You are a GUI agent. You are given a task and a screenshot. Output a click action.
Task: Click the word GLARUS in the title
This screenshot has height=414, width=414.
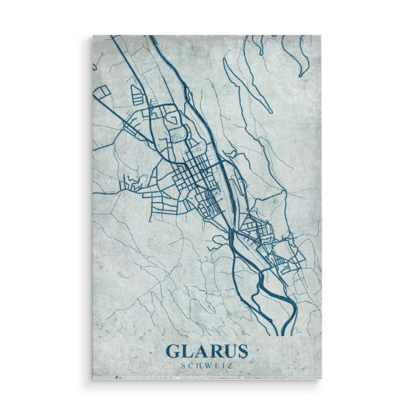[x=206, y=351]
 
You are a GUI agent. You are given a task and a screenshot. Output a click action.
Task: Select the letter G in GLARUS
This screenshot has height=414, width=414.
[x=174, y=351]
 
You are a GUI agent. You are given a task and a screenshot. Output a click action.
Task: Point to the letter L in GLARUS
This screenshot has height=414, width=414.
[x=188, y=351]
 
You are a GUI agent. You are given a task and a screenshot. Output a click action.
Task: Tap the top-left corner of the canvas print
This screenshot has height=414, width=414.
[x=93, y=36]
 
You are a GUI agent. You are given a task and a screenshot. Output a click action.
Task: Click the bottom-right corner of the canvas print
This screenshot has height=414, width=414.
[x=322, y=379]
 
